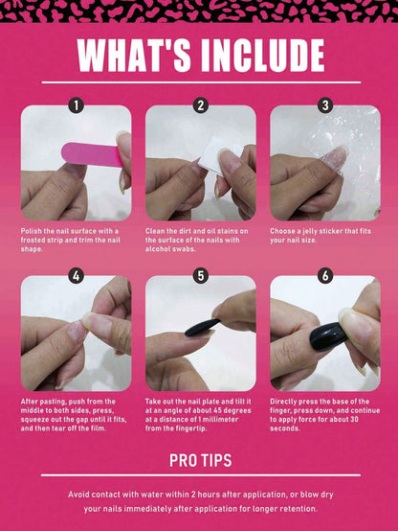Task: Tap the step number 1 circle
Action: [77, 106]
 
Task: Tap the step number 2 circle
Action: [201, 106]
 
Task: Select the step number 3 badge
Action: [325, 106]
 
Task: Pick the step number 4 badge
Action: [77, 276]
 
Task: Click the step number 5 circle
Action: [201, 276]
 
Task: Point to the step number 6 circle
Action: [325, 276]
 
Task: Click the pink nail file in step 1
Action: [91, 153]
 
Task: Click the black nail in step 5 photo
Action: [196, 329]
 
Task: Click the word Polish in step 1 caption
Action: [33, 231]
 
